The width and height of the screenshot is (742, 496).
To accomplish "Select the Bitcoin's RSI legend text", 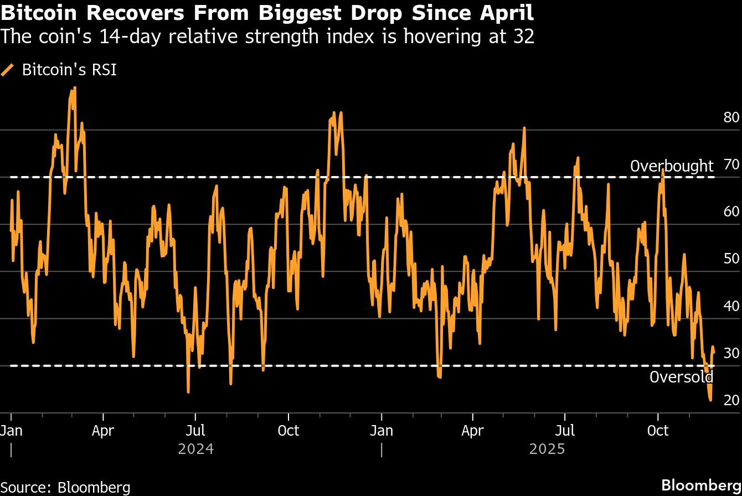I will click(x=69, y=70).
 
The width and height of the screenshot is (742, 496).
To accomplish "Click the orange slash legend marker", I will click(x=8, y=70).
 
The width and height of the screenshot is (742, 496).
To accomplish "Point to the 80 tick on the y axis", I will click(x=731, y=117).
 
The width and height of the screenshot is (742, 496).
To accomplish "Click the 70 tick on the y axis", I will click(x=731, y=164).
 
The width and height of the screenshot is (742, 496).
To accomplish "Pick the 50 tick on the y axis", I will click(x=731, y=259).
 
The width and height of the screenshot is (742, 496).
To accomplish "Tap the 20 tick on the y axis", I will click(x=731, y=400).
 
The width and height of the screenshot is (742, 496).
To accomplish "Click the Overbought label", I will click(x=672, y=166).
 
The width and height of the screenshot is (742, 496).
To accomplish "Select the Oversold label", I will click(x=681, y=378).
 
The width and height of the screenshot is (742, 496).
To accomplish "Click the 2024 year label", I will click(x=195, y=448).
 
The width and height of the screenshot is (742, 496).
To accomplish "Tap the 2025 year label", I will click(x=547, y=448).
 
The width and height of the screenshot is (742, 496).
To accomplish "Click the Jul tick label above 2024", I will click(x=195, y=430).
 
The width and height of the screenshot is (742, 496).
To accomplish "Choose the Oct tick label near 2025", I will click(x=658, y=430).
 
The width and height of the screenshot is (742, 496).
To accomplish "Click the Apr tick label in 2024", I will click(x=103, y=430).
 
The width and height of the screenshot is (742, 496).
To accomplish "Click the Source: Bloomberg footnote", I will click(x=65, y=487).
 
